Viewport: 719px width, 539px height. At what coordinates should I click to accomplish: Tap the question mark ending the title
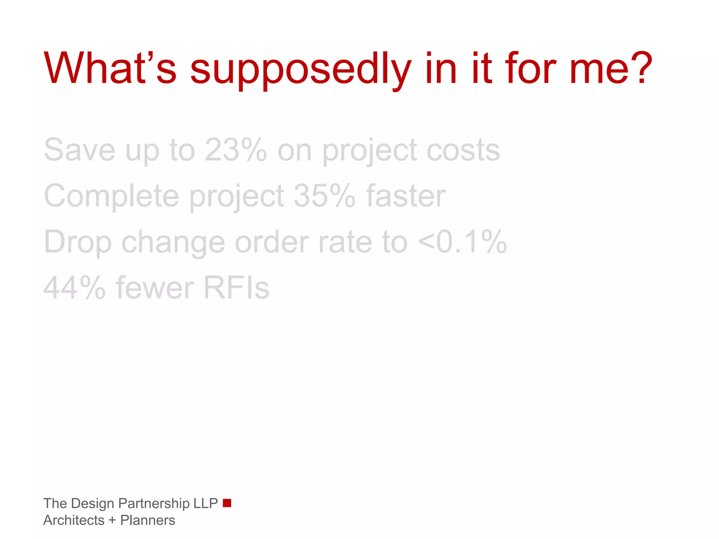pyautogui.click(x=642, y=68)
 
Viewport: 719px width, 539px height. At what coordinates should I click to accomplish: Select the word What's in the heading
pyautogui.click(x=110, y=68)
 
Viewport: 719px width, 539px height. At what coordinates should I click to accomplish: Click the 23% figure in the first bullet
pyautogui.click(x=236, y=150)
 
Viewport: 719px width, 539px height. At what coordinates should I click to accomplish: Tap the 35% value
pyautogui.click(x=324, y=196)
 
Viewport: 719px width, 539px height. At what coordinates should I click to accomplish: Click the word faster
pyautogui.click(x=406, y=196)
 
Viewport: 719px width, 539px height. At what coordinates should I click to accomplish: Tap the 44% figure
pyautogui.click(x=74, y=288)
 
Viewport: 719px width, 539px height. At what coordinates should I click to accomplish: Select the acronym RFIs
pyautogui.click(x=236, y=288)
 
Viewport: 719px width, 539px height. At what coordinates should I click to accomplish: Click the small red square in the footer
pyautogui.click(x=227, y=503)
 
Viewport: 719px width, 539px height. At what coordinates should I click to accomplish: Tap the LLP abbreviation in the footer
pyautogui.click(x=206, y=504)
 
